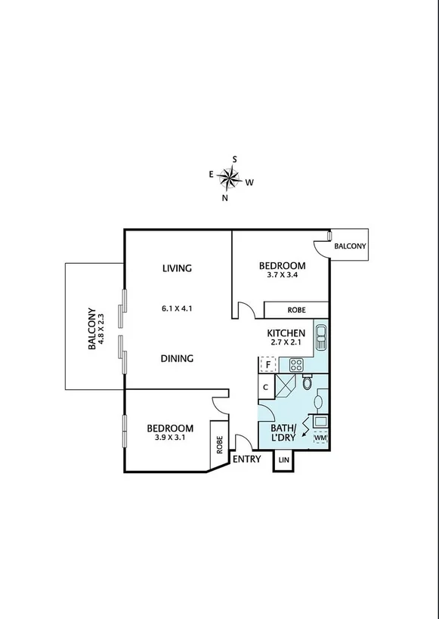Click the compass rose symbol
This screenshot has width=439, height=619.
(229, 178)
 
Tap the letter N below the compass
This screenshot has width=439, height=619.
(224, 198)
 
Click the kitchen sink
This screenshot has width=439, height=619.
(320, 335)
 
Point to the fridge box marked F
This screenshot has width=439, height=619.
(267, 365)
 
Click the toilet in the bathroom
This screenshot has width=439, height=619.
(306, 382)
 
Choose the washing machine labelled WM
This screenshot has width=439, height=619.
(320, 438)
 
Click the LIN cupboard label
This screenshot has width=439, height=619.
(284, 460)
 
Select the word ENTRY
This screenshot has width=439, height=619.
(246, 459)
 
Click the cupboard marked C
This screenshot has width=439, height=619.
(266, 388)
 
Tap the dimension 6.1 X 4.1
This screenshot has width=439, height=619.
(178, 308)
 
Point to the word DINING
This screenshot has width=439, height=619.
(178, 358)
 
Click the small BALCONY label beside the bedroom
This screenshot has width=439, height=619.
(350, 246)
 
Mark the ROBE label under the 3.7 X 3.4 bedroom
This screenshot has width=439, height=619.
(296, 311)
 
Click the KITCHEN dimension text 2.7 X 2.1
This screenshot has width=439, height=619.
(286, 344)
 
